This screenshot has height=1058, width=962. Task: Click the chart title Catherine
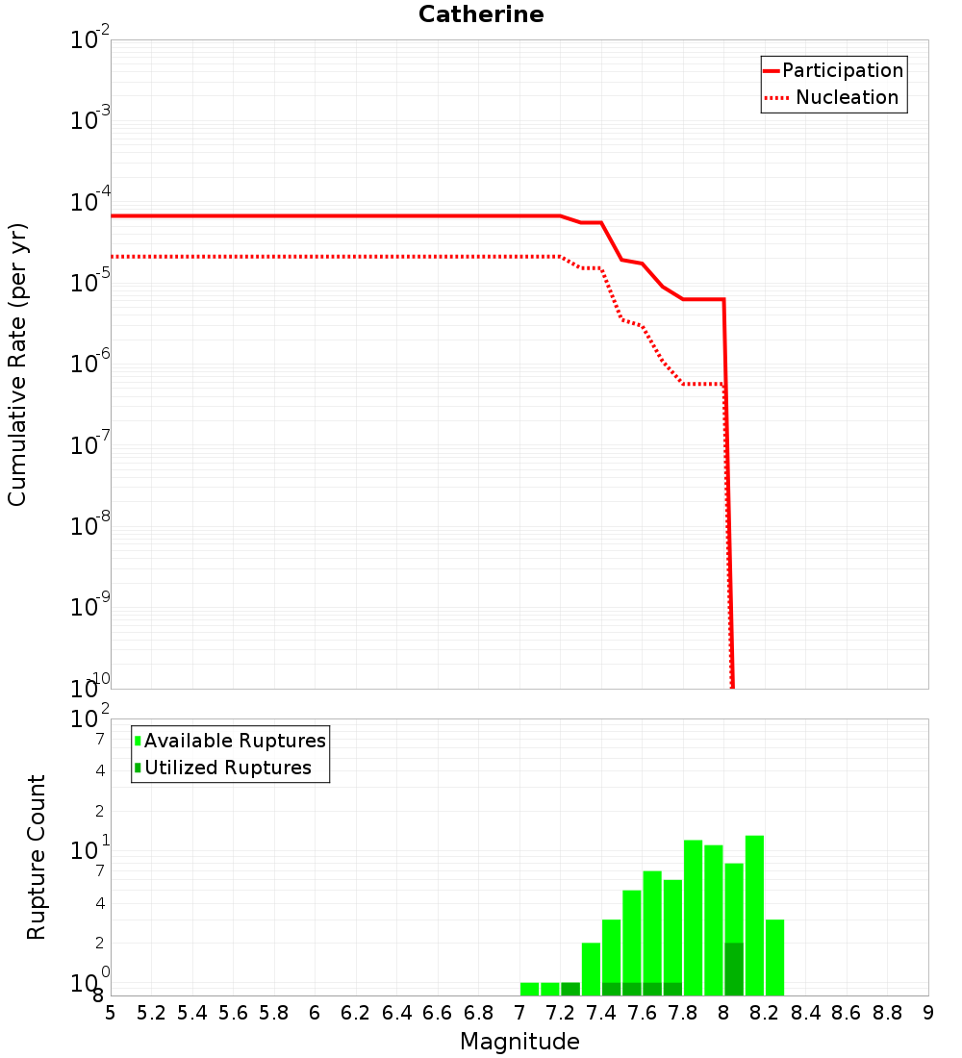pyautogui.click(x=481, y=14)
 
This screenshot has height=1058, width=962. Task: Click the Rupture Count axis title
pyautogui.click(x=37, y=857)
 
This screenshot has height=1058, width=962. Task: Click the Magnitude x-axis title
pyautogui.click(x=519, y=1042)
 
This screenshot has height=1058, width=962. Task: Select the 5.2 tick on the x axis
pyautogui.click(x=152, y=1013)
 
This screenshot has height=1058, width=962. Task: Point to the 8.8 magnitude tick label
pyautogui.click(x=887, y=1013)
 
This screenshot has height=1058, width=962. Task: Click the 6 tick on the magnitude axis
pyautogui.click(x=315, y=1013)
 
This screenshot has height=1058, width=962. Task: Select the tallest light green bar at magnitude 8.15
pyautogui.click(x=754, y=914)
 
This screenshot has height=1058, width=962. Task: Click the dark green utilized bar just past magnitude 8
pyautogui.click(x=734, y=969)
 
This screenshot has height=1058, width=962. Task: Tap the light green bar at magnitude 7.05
pyautogui.click(x=529, y=989)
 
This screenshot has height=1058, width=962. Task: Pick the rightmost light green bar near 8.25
pyautogui.click(x=774, y=957)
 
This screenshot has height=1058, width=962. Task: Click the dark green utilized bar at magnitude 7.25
pyautogui.click(x=570, y=989)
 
